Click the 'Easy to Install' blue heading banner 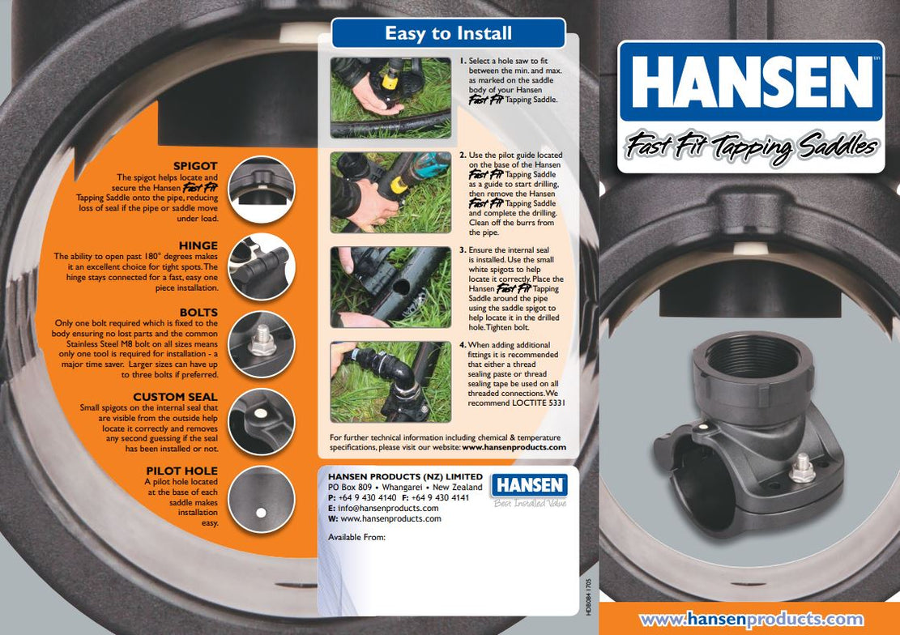click(x=448, y=33)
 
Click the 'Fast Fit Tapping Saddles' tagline click(x=750, y=148)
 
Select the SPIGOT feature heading click(x=195, y=166)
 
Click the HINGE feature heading click(x=198, y=245)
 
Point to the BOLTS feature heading click(x=198, y=312)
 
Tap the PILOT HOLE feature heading click(x=181, y=471)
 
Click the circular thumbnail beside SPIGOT click(x=262, y=189)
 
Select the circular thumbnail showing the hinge click(x=262, y=266)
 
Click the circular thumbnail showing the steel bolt click(x=262, y=343)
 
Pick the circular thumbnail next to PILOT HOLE click(x=262, y=499)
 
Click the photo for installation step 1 click(x=390, y=97)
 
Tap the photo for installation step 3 click(x=390, y=288)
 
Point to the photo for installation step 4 click(x=390, y=381)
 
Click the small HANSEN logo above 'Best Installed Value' click(x=529, y=485)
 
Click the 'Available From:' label click(x=356, y=537)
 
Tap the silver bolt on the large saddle click(x=802, y=467)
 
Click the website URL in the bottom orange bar click(x=751, y=620)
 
